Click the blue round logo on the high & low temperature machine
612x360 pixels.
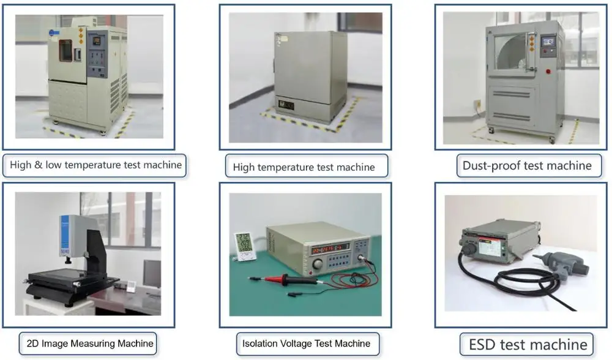click(57, 28)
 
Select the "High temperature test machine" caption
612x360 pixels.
click(304, 167)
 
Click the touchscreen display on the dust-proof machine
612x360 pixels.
click(549, 42)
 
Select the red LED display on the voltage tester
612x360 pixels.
click(328, 249)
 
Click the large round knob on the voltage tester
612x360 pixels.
click(317, 263)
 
